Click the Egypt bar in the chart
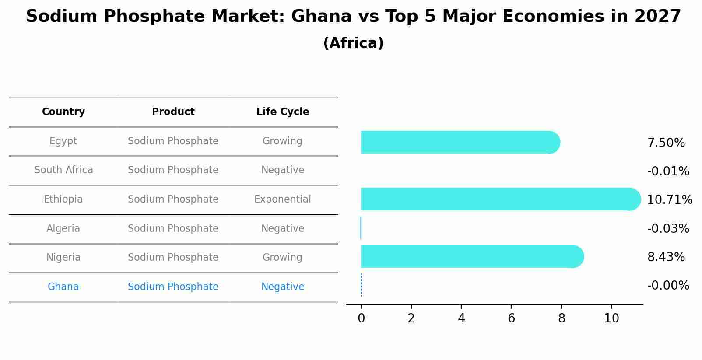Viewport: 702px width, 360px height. [460, 142]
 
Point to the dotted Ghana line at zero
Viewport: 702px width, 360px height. [361, 285]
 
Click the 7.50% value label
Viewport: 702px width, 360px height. [666, 143]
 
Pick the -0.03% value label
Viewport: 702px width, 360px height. [668, 229]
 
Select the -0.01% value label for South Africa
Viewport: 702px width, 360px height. [668, 171]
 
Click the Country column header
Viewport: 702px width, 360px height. [63, 112]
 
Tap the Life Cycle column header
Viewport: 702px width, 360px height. [283, 112]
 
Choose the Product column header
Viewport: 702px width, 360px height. [173, 112]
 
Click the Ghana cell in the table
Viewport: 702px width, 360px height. [63, 287]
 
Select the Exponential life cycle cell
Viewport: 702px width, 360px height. [283, 199]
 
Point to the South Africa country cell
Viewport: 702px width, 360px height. [63, 170]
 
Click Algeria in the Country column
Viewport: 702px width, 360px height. [63, 229]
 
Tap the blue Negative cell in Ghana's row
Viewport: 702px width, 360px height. [283, 287]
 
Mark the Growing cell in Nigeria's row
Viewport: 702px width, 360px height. [283, 258]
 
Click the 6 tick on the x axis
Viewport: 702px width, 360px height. [511, 318]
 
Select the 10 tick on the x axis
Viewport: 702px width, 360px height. [611, 318]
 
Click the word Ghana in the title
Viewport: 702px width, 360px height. [321, 17]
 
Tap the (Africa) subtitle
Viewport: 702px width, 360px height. [353, 43]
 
